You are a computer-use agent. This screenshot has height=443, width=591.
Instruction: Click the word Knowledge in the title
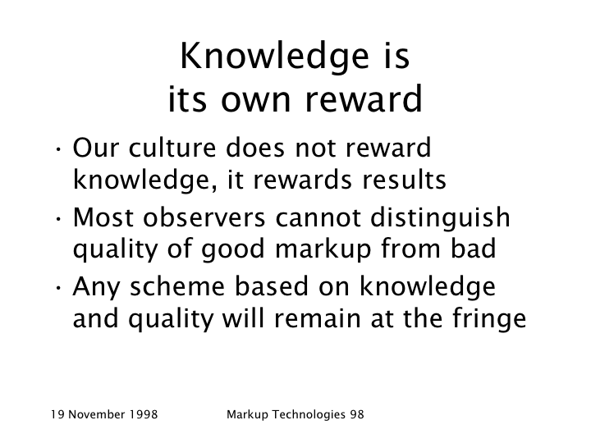275,57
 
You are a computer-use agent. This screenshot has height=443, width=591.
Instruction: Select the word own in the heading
256,100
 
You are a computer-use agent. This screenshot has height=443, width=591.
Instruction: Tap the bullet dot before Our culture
57,148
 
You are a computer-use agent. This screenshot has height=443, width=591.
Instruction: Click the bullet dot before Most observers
57,219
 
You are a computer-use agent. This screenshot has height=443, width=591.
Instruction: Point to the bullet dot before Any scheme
57,288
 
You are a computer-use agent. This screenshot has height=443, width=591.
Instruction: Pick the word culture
172,148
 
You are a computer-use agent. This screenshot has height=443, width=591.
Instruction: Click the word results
404,180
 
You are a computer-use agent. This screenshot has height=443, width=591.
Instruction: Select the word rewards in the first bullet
303,180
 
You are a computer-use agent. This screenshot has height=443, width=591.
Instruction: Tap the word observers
204,217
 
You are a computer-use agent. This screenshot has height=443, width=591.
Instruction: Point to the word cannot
318,218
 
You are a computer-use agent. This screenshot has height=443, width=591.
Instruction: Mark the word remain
317,318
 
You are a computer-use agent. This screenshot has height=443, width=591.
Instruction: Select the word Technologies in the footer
308,415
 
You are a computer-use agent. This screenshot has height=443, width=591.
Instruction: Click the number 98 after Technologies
356,414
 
